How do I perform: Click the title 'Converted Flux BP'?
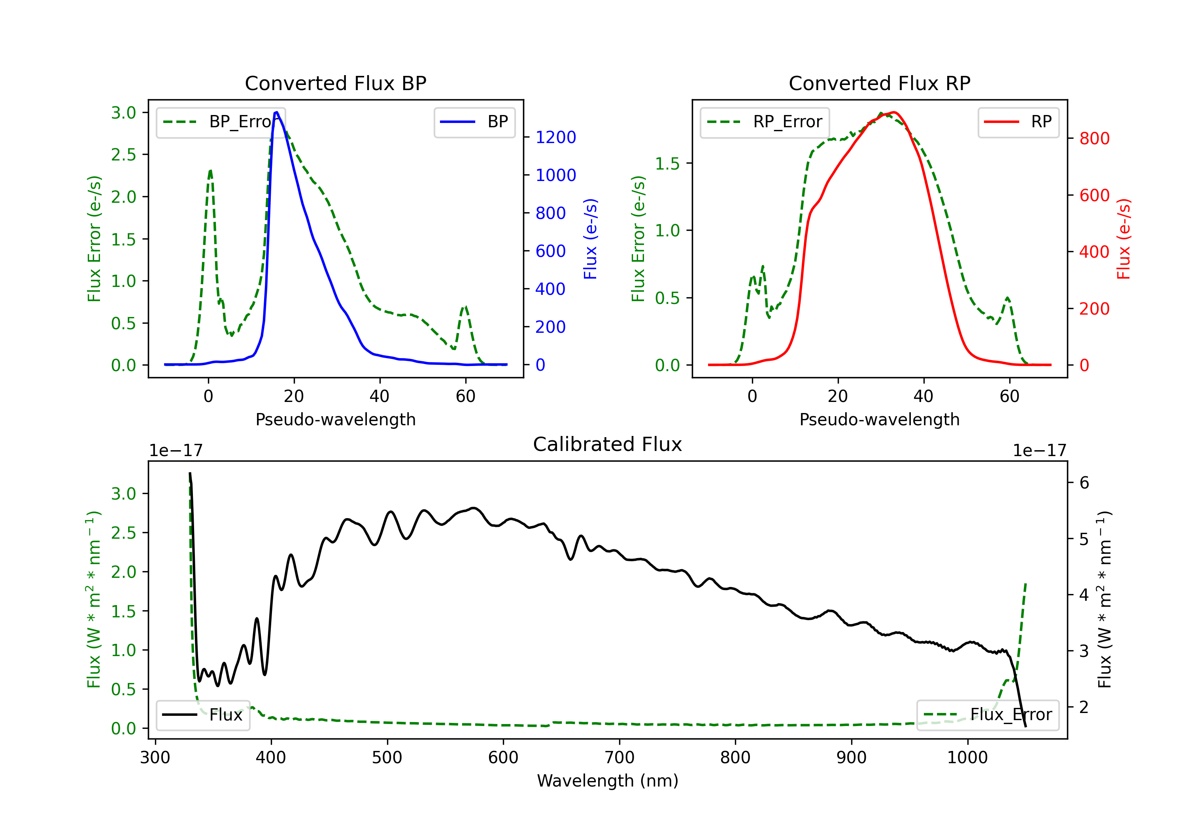[x=336, y=83]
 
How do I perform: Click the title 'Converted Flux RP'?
[x=880, y=83]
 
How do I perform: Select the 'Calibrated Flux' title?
[x=608, y=444]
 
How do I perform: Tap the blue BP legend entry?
[x=474, y=122]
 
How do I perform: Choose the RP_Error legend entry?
[x=765, y=122]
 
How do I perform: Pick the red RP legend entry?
[x=1018, y=122]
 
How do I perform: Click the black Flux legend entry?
[x=202, y=715]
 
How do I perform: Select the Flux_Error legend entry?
[x=988, y=715]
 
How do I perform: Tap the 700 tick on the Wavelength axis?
[x=619, y=758]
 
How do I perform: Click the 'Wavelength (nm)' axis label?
[x=608, y=781]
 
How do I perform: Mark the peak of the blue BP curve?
[x=276, y=112]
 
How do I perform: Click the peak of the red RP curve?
[x=893, y=113]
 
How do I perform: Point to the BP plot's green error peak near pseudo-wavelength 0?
[x=210, y=170]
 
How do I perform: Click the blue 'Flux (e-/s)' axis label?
[x=590, y=239]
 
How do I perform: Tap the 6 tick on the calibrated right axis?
[x=1084, y=483]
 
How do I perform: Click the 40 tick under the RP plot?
[x=923, y=396]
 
